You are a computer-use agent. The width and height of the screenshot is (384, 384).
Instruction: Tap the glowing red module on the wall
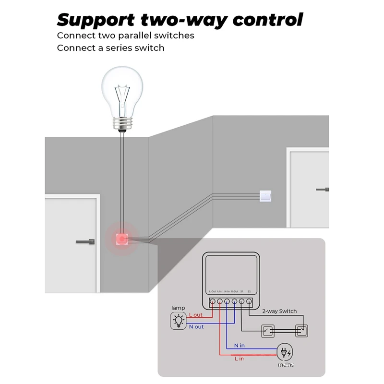click(122, 238)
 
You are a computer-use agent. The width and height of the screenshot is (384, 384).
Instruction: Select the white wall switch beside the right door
click(266, 195)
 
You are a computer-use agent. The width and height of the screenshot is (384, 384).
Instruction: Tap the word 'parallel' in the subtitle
click(132, 36)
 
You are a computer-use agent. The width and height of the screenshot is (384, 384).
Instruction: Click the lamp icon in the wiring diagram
click(179, 321)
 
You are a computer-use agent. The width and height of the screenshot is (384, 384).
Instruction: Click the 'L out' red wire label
click(195, 315)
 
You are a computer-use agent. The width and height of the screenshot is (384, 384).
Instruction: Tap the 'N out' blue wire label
click(196, 327)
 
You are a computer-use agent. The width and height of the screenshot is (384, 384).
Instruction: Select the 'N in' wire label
click(239, 346)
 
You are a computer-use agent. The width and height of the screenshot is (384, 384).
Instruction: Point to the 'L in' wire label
click(239, 359)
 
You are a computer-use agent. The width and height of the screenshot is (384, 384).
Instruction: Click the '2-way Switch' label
click(279, 311)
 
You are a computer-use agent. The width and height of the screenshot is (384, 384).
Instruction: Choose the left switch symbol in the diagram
click(267, 331)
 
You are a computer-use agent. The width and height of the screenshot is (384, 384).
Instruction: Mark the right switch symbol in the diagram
click(301, 331)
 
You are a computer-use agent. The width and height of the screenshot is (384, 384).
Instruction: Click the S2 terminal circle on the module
click(249, 302)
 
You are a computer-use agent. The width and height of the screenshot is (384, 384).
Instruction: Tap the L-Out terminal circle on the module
click(212, 302)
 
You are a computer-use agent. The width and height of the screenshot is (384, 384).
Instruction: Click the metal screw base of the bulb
click(122, 124)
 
